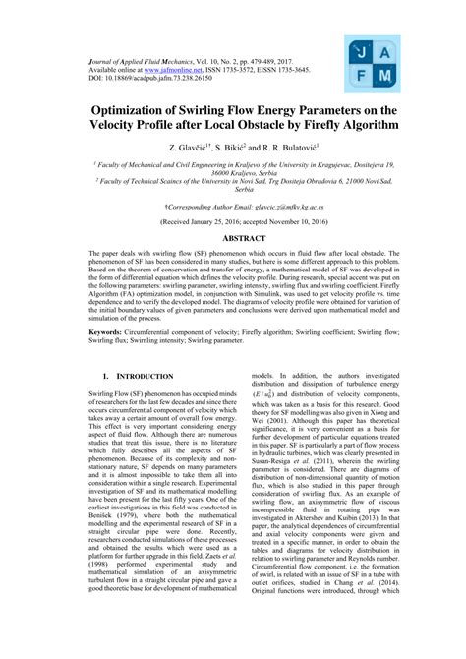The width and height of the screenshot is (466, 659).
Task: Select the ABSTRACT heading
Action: click(x=232, y=265)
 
